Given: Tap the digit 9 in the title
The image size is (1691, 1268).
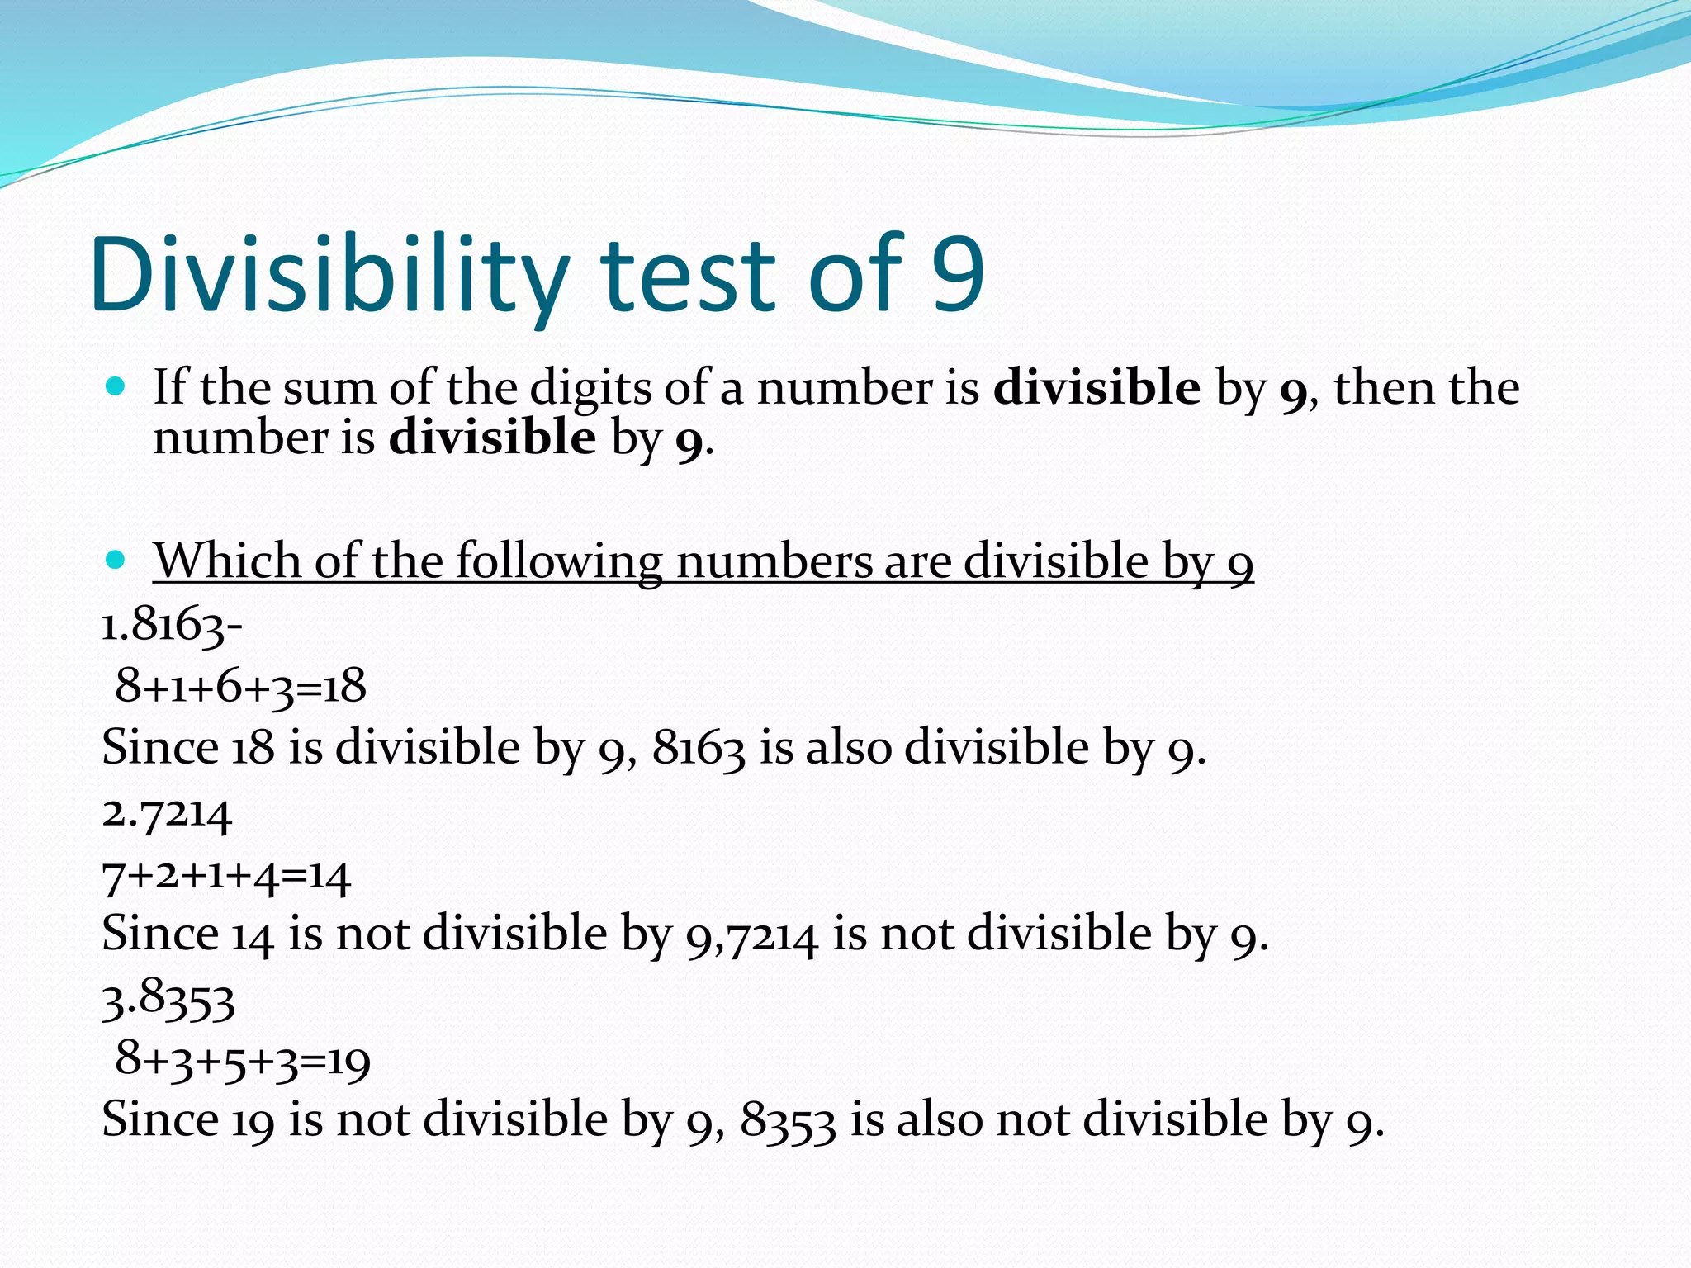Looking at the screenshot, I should click(x=958, y=275).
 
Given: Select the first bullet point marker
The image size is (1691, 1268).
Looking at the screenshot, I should click(x=116, y=386).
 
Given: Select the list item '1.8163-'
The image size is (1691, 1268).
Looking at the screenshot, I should click(x=172, y=625).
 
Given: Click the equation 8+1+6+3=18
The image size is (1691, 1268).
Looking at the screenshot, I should click(x=240, y=686).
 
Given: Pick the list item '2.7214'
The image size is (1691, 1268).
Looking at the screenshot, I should click(x=167, y=814).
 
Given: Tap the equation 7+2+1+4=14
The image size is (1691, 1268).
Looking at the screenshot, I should click(x=226, y=877).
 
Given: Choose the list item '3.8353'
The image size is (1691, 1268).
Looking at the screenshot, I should click(x=168, y=1000).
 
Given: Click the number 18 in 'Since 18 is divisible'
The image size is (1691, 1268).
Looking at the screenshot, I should click(x=253, y=749).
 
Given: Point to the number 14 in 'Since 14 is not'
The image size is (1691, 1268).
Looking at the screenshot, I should click(x=252, y=936).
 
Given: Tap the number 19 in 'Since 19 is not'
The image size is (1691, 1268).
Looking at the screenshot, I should click(x=253, y=1122).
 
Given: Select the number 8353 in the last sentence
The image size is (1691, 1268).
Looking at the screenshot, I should click(x=788, y=1122).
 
